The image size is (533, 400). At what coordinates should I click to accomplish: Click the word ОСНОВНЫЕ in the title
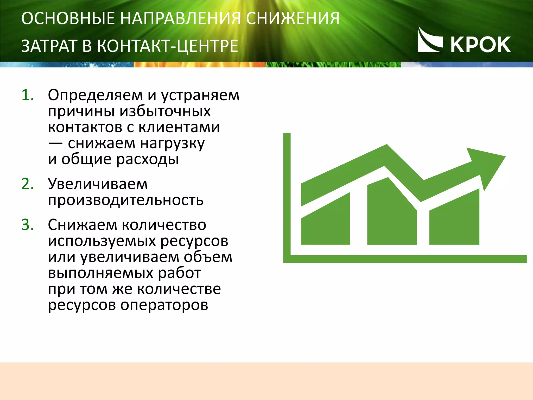point(68,18)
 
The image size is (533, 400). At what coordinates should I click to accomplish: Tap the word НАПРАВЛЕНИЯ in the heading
point(180,18)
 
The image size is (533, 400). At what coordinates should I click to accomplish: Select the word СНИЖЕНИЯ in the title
point(293,18)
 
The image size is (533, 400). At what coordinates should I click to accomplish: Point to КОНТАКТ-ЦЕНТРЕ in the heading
point(168,46)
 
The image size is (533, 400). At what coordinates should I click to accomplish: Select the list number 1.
point(28,95)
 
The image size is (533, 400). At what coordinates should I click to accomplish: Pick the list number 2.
point(28,184)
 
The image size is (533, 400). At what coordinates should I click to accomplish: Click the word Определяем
point(95,95)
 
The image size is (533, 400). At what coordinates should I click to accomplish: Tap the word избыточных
point(165,111)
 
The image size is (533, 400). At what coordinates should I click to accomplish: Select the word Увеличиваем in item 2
point(98,184)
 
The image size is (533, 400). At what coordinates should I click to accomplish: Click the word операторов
point(164,305)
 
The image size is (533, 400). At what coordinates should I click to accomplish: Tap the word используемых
point(102,241)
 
